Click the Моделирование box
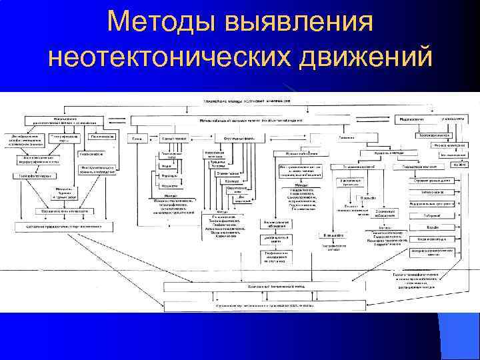[413, 119]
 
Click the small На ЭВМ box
[459, 163]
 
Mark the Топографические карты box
[65, 137]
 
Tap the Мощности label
[169, 186]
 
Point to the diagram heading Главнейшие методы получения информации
[256, 99]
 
